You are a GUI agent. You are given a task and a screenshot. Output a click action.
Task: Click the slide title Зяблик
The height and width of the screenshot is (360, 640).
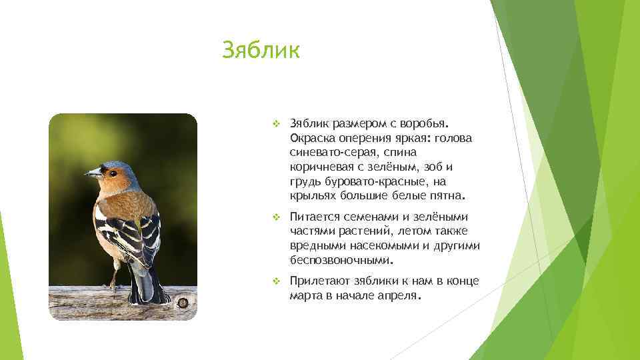261,50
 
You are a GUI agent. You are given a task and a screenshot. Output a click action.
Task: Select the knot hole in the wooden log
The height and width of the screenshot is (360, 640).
182,302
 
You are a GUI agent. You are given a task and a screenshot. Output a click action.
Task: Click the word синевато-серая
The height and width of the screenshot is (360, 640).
328,153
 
